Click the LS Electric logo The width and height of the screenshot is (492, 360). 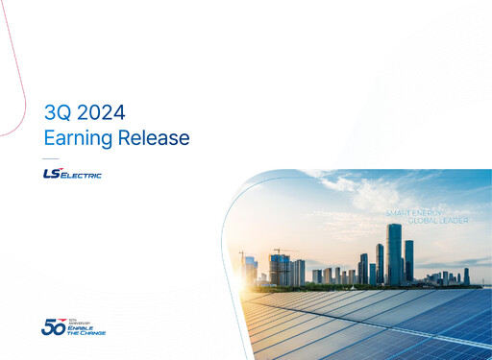72,174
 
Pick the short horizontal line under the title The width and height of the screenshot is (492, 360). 51,158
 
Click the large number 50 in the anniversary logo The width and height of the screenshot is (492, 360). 53,326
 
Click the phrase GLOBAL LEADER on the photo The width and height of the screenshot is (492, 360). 438,220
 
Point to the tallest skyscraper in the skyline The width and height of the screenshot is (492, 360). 394,253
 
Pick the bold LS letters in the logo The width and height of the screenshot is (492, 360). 53,173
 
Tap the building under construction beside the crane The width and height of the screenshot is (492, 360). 281,270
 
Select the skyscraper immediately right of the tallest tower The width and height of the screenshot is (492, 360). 408,260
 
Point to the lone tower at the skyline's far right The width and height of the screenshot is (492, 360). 467,276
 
